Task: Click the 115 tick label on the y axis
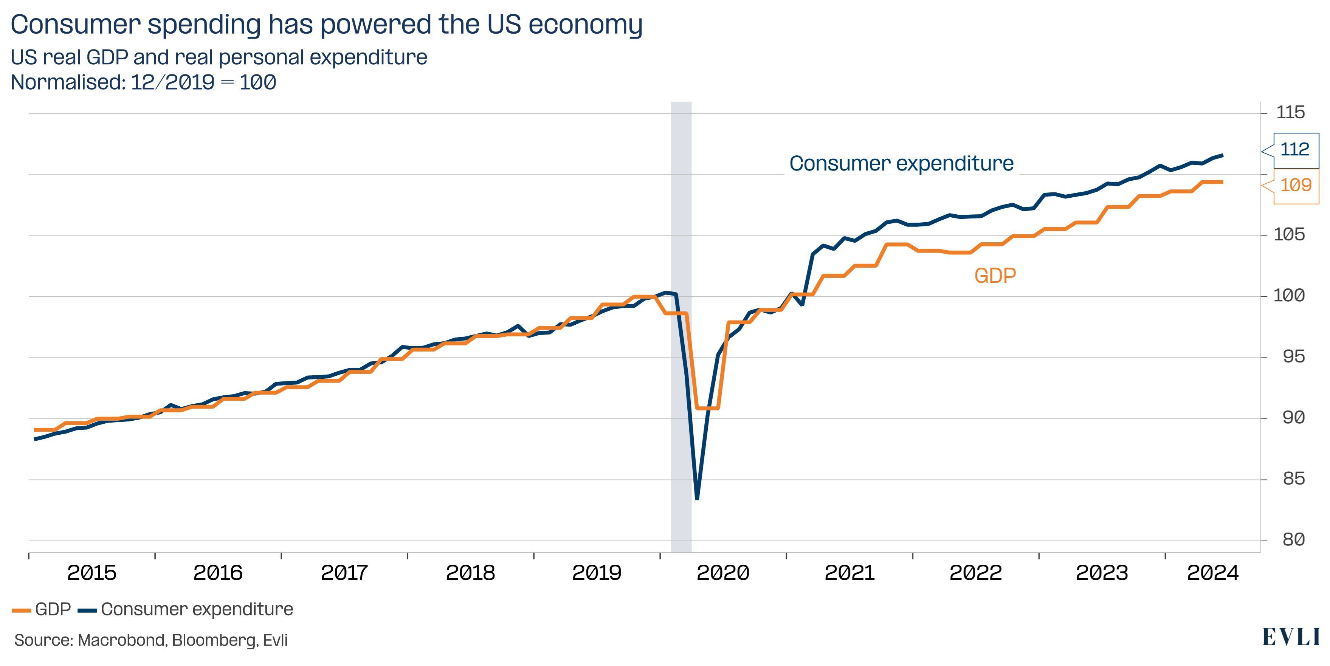click(x=1290, y=113)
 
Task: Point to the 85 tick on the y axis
click(x=1293, y=479)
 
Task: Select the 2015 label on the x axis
click(x=92, y=573)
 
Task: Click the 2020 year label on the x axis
click(x=723, y=573)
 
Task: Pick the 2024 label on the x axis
click(x=1213, y=573)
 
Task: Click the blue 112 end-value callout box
click(x=1295, y=150)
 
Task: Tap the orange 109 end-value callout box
click(x=1295, y=185)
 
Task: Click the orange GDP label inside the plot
click(x=995, y=276)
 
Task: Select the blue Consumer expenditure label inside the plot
click(x=901, y=164)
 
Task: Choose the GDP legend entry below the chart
click(x=42, y=610)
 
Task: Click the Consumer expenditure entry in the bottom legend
click(x=186, y=610)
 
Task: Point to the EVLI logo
click(x=1291, y=637)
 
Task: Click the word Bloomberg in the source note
click(x=214, y=641)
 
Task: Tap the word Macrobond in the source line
click(x=122, y=641)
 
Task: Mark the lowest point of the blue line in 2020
click(x=697, y=498)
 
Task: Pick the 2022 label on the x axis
click(x=975, y=573)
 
